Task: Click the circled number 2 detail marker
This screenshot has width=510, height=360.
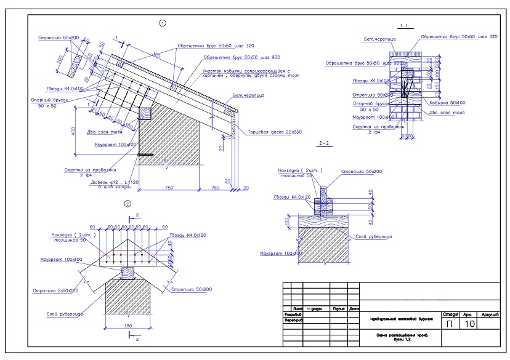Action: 127,204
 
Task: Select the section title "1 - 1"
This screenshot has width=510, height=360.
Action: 405,26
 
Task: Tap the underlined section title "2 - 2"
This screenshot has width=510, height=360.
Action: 324,143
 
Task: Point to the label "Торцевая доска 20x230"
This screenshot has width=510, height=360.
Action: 275,132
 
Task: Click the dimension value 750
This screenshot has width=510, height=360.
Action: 168,187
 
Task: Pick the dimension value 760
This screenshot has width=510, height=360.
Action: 216,187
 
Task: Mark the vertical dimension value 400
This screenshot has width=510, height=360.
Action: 73,130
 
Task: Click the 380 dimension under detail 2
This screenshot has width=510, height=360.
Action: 128,325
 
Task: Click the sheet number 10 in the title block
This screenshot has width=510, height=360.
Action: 469,323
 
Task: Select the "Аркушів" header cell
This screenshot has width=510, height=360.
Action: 490,314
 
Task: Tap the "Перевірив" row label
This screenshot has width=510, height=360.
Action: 293,320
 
